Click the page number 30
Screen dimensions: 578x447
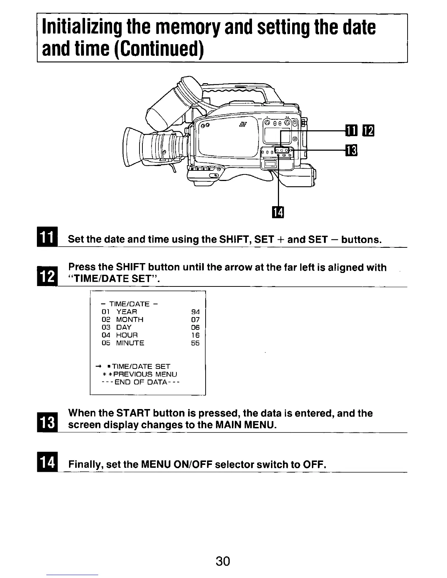coord(222,561)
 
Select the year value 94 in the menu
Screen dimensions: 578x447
coord(195,312)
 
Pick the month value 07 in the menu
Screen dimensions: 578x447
coord(195,320)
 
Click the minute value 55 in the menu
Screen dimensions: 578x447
coord(195,343)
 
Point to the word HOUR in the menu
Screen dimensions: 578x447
coord(127,335)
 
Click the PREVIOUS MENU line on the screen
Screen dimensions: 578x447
coord(140,374)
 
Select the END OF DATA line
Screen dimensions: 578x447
coord(140,382)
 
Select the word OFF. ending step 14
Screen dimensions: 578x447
coord(314,465)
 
